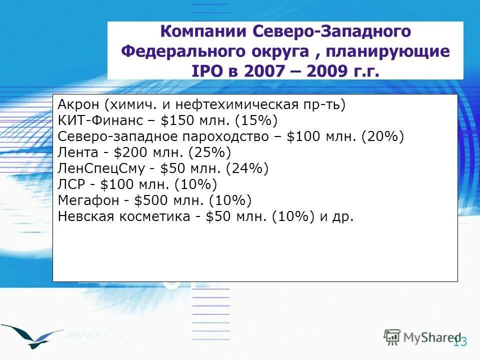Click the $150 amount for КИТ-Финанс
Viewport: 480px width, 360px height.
[x=174, y=120]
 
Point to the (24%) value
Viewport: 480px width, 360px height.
[x=247, y=168]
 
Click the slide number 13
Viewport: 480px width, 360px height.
[x=459, y=342]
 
